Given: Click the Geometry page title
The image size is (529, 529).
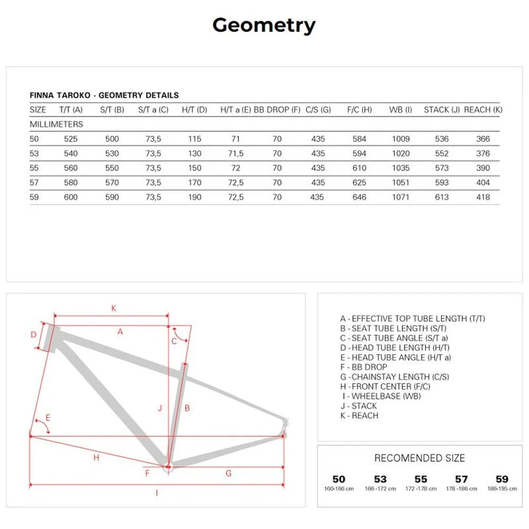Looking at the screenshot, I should pyautogui.click(x=264, y=25).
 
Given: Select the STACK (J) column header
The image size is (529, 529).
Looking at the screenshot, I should pyautogui.click(x=441, y=110).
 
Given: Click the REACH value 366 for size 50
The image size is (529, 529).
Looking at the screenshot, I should pyautogui.click(x=483, y=139).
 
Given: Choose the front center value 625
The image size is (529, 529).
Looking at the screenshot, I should pyautogui.click(x=359, y=183).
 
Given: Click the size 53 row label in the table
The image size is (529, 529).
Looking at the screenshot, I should pyautogui.click(x=35, y=153).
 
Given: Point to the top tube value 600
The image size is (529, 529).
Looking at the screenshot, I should pyautogui.click(x=71, y=197).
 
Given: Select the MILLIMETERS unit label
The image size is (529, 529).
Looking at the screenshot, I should pyautogui.click(x=56, y=124).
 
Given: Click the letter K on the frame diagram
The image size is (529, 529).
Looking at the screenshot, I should pyautogui.click(x=113, y=308).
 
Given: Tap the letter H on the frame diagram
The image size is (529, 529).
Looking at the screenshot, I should pyautogui.click(x=96, y=458).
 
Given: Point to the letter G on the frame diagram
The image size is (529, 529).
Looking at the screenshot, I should pyautogui.click(x=228, y=473).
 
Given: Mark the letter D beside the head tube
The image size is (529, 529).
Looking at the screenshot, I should pyautogui.click(x=34, y=335).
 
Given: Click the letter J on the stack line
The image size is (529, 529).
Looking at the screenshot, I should pyautogui.click(x=160, y=409).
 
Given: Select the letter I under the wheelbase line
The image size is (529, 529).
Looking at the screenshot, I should pyautogui.click(x=156, y=493).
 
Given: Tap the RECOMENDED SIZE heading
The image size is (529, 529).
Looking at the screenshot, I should pyautogui.click(x=419, y=458).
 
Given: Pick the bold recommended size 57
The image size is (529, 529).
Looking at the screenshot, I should pyautogui.click(x=461, y=479).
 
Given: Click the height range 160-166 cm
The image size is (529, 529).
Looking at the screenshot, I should pyautogui.click(x=339, y=489).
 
